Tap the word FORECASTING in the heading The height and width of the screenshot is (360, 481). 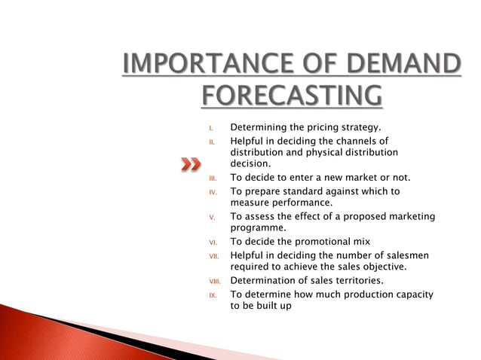pos(291,96)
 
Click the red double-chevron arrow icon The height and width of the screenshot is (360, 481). pos(191,164)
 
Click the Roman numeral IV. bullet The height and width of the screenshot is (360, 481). pos(213,192)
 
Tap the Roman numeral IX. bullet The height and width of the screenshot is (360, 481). pos(213,295)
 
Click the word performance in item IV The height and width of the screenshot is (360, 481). pos(302,203)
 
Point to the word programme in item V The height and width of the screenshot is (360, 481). pos(258,227)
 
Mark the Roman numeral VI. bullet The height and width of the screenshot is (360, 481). pos(213,243)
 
